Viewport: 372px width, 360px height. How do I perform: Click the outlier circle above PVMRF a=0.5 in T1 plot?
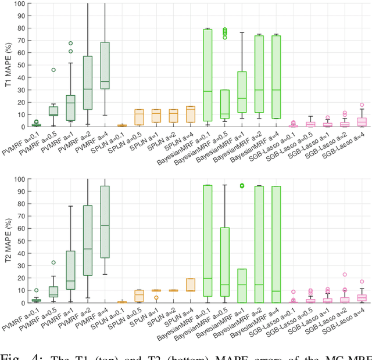[53, 70]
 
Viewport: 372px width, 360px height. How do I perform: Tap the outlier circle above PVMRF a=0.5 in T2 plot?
[53, 262]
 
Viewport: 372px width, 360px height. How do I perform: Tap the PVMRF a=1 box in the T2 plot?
[70, 270]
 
